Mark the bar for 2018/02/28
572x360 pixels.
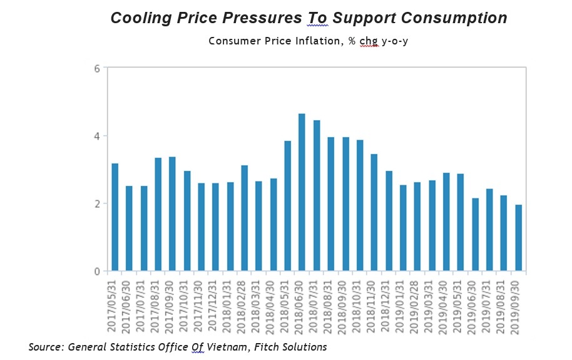244,219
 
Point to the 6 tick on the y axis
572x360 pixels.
98,68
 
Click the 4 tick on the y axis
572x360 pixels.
98,136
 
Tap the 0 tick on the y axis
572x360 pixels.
98,272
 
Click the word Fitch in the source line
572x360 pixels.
265,346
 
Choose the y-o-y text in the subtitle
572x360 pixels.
395,41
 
